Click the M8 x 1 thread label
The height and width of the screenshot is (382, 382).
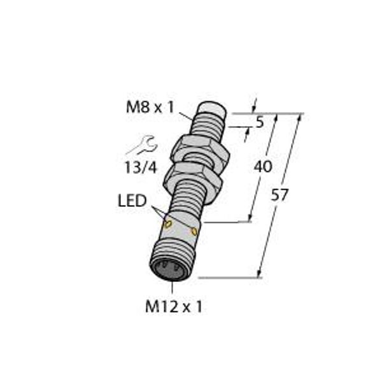click(150, 107)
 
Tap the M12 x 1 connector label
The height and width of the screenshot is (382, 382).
click(174, 306)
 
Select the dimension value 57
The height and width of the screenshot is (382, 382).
click(279, 195)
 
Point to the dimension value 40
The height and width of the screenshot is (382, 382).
click(263, 167)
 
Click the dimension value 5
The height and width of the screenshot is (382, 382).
click(260, 122)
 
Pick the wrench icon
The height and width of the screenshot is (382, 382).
click(142, 145)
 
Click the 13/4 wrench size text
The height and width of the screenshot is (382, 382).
click(141, 167)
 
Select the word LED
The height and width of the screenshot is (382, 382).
click(132, 201)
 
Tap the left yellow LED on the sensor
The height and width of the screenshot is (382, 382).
click(168, 224)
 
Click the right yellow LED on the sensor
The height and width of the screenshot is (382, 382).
click(194, 232)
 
